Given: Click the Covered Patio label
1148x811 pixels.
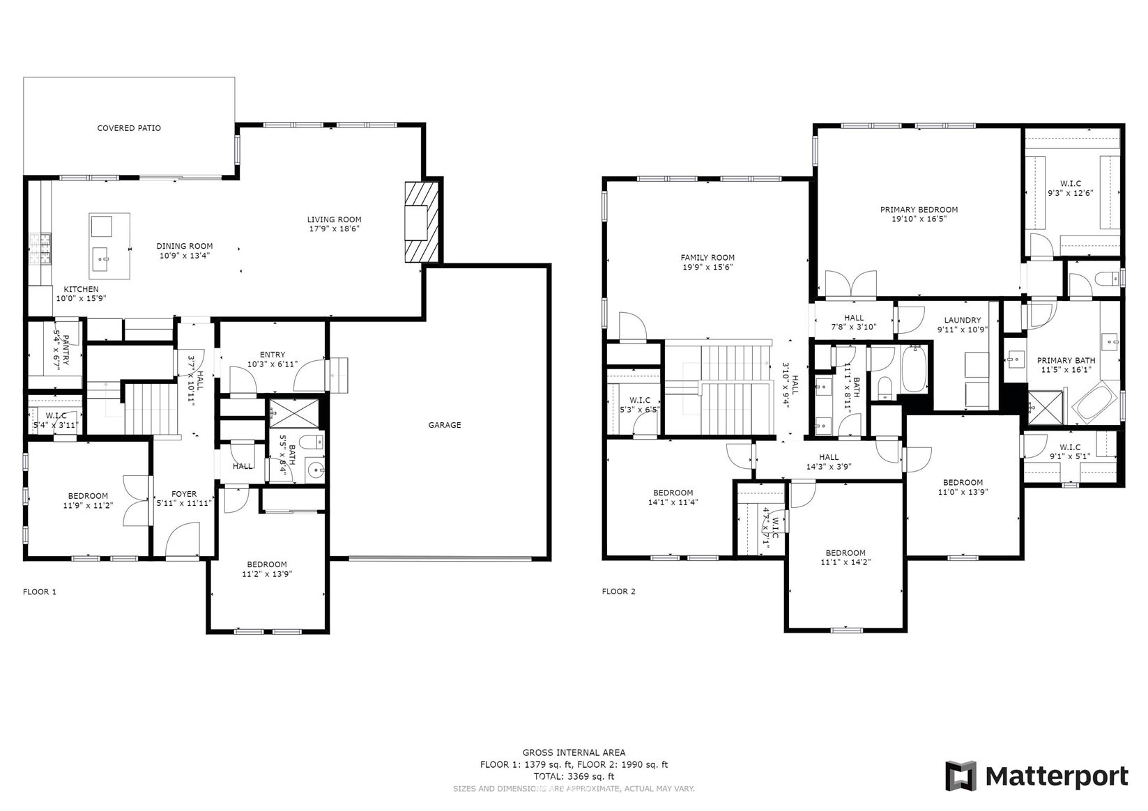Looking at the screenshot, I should point(129,128).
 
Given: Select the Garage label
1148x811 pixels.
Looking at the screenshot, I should point(444,425).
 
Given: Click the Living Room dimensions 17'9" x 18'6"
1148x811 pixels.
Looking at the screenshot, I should point(335,229).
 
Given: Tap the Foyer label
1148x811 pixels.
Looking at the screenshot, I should point(184,494).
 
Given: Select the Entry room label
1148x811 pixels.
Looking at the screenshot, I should point(273,355).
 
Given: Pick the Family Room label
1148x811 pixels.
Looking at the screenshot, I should point(707,258).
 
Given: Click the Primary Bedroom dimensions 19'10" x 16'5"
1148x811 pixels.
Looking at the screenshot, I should point(919,219).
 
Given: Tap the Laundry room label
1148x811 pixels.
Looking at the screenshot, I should point(963,320).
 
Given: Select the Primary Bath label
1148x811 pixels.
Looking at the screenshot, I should point(1066,360).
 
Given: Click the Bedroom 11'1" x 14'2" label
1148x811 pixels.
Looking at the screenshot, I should point(845,557).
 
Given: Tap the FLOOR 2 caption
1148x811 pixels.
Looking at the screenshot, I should point(619,592).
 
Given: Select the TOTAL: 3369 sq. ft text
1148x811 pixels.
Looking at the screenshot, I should point(574,776).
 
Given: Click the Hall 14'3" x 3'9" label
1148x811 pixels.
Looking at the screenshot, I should point(829,462).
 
